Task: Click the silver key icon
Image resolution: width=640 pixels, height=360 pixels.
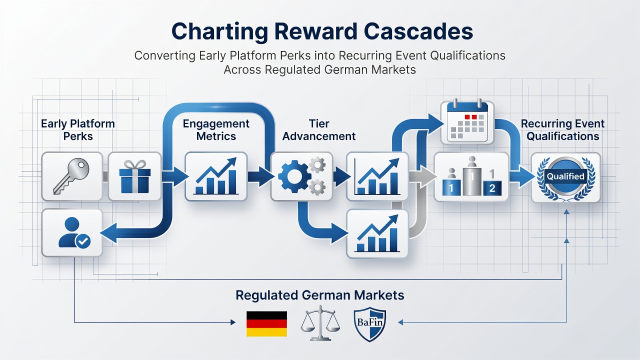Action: click(x=71, y=176)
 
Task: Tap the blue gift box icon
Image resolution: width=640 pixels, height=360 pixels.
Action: click(x=135, y=176)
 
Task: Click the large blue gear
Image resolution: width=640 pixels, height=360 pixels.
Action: click(x=294, y=176)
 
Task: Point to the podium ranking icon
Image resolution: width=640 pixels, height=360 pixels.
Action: click(x=471, y=176)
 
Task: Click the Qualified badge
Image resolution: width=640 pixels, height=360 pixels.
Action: click(x=565, y=177)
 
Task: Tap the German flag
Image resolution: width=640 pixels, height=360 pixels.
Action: click(x=266, y=323)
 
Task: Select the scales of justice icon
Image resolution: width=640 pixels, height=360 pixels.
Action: click(x=320, y=323)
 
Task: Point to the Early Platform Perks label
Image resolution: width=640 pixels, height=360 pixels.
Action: click(x=78, y=130)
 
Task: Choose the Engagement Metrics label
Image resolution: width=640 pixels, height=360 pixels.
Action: click(x=216, y=130)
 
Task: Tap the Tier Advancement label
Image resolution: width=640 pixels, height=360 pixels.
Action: click(x=319, y=130)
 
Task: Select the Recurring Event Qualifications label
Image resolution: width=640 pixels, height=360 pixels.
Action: click(x=562, y=130)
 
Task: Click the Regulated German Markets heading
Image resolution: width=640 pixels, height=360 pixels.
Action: click(x=320, y=295)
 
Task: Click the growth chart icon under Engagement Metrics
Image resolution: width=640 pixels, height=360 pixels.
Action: click(x=216, y=176)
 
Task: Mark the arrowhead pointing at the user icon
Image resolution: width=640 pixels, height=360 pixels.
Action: click(x=108, y=233)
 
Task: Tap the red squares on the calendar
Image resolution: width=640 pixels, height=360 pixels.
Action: click(x=470, y=117)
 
